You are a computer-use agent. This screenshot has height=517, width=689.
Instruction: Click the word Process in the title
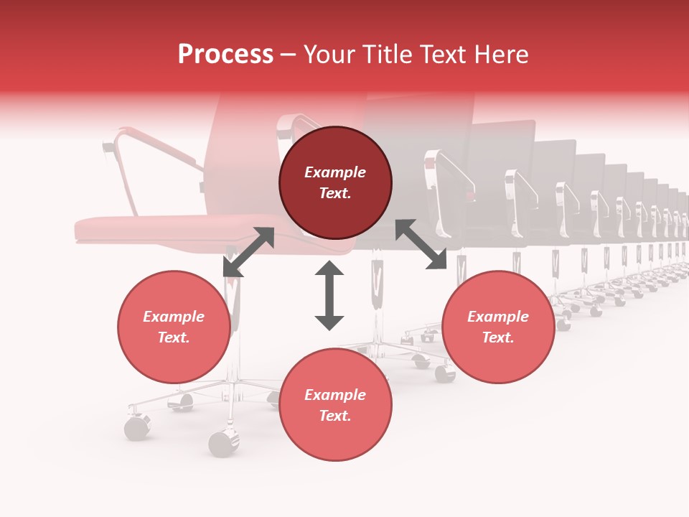225,55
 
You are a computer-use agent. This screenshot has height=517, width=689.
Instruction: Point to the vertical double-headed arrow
329,295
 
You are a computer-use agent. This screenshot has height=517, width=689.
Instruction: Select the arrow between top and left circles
248,252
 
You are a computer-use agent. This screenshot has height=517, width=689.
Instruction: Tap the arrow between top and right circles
421,245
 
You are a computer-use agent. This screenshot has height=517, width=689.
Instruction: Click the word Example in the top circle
335,172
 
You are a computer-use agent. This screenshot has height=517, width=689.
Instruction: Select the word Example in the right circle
498,317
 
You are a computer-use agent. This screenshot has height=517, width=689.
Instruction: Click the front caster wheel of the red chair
224,444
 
